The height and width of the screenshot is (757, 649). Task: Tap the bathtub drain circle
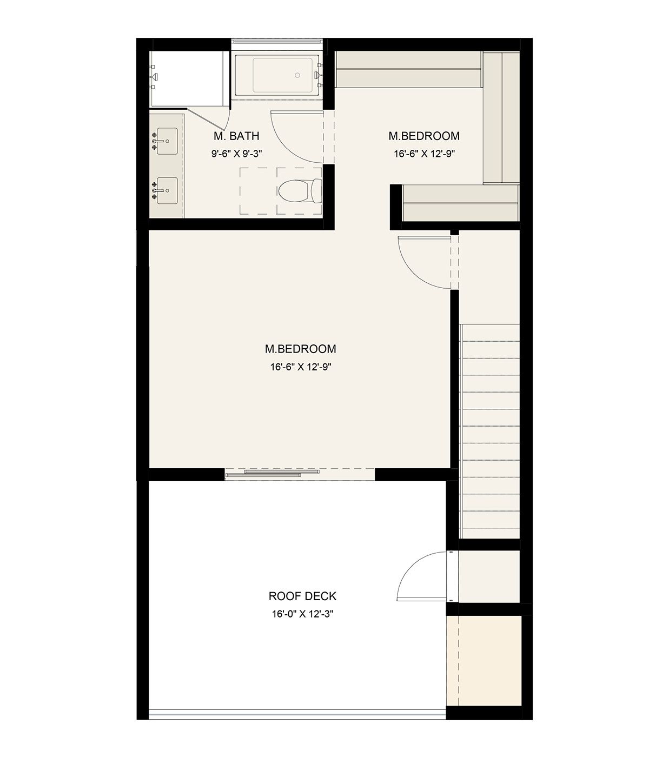point(297,75)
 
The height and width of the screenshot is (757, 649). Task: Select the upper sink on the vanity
point(167,141)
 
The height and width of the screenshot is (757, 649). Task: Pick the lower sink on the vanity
point(167,190)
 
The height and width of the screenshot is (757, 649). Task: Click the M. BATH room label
point(236,136)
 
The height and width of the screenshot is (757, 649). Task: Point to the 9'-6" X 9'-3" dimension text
point(236,154)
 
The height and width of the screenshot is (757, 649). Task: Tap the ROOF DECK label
point(302,596)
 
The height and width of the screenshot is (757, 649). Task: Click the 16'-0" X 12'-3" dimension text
point(302,614)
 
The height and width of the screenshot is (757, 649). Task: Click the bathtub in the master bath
point(278,75)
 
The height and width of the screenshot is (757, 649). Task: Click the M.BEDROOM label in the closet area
point(424,136)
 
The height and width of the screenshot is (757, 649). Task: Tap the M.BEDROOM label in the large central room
point(300,349)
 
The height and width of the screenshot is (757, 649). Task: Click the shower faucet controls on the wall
point(154,77)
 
